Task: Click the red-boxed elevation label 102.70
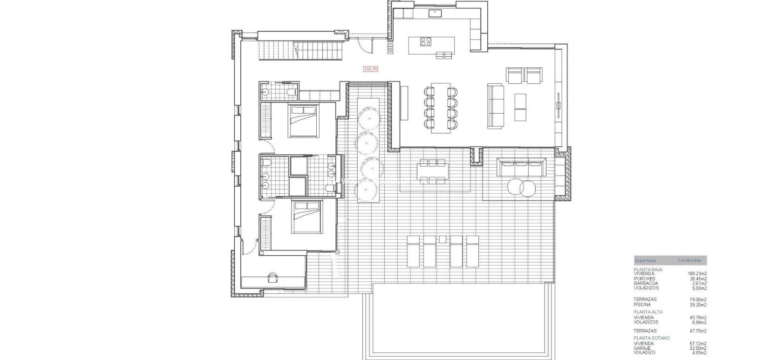(370, 69)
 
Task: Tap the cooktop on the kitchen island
(426, 41)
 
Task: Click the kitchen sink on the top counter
(437, 13)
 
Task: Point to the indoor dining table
(441, 108)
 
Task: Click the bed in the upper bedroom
(303, 121)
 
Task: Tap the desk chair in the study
(272, 278)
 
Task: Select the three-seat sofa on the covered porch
(521, 167)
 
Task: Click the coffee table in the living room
(520, 108)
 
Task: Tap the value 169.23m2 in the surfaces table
(697, 273)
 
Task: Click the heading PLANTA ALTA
(647, 312)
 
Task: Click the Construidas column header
(689, 260)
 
